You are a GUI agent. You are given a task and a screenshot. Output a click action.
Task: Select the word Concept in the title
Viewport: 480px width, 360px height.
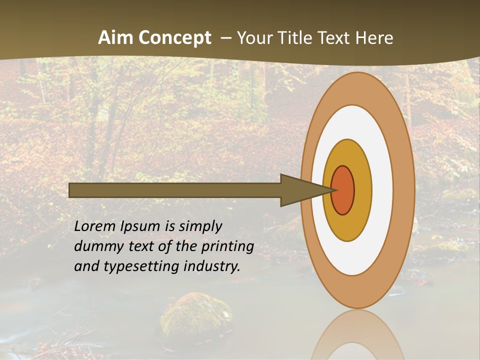coord(174,38)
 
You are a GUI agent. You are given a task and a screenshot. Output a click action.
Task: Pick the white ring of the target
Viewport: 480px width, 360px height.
coord(382,190)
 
